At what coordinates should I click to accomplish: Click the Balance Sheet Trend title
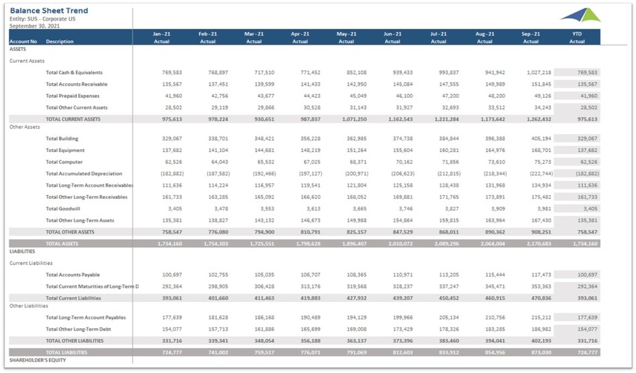click(49, 11)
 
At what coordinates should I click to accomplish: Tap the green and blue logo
click(580, 15)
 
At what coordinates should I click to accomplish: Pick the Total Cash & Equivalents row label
click(74, 72)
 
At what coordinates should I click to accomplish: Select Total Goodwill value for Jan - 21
click(173, 209)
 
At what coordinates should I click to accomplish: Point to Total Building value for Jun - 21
click(400, 139)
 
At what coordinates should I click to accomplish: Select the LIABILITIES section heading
click(22, 252)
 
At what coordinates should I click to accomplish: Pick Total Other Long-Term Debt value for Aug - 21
click(493, 329)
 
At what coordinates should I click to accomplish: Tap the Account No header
click(23, 42)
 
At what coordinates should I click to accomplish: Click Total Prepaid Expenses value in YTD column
click(586, 96)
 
